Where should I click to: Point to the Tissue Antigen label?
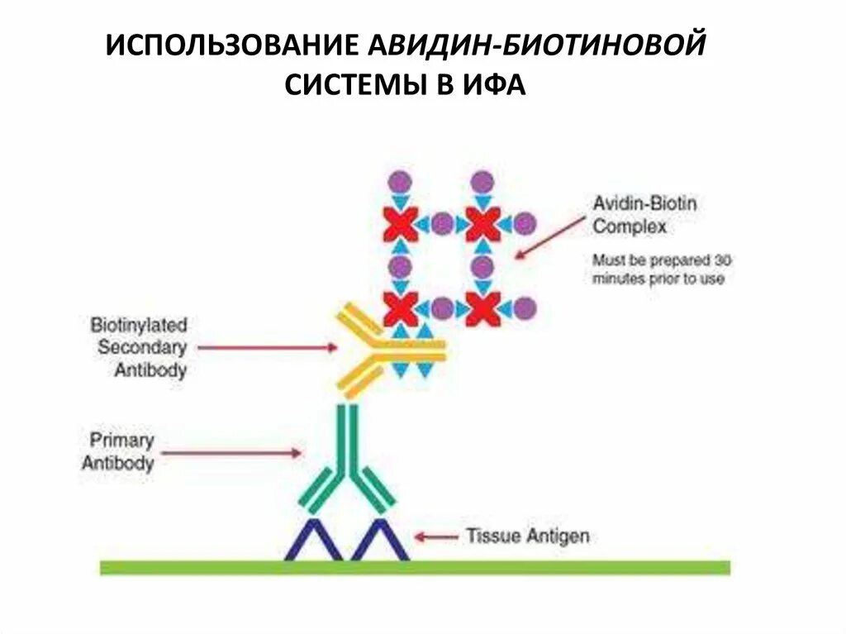528,536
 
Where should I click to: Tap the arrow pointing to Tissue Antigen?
436,536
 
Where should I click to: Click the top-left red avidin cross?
400,224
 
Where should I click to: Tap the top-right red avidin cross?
482,224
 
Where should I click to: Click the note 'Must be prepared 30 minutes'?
662,269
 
